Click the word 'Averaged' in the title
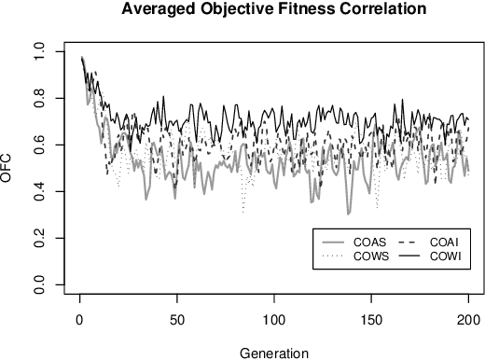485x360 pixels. coord(155,10)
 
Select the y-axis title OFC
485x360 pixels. coord(8,169)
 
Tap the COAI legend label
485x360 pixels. coord(444,242)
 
